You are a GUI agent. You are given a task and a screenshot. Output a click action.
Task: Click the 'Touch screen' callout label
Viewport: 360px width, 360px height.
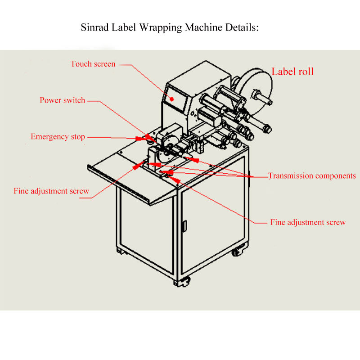(93, 64)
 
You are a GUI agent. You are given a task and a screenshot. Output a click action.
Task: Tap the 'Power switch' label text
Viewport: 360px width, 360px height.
(62, 100)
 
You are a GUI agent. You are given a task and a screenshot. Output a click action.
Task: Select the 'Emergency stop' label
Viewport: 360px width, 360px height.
(58, 137)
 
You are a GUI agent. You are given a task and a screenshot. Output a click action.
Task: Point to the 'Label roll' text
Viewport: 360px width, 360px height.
(292, 72)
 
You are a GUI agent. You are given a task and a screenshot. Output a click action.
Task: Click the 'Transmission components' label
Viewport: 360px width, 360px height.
(312, 175)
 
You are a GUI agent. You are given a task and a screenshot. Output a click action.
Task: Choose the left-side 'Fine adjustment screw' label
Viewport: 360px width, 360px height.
(51, 191)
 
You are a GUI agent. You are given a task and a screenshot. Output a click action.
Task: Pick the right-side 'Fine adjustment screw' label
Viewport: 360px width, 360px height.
(308, 222)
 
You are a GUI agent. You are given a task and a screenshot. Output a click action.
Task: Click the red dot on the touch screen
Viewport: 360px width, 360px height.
(172, 99)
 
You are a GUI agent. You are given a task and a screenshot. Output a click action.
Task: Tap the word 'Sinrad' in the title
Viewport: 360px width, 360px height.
(94, 27)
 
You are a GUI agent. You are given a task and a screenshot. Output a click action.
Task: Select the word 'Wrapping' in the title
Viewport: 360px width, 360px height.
(161, 28)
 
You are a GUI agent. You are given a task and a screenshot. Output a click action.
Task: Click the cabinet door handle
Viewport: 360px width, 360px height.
(184, 226)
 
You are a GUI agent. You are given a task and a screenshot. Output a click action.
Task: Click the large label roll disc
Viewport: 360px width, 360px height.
(255, 92)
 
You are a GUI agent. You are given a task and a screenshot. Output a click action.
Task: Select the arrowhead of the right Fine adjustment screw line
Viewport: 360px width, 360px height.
(175, 179)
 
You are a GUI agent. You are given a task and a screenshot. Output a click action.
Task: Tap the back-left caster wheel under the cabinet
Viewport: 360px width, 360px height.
(121, 251)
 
